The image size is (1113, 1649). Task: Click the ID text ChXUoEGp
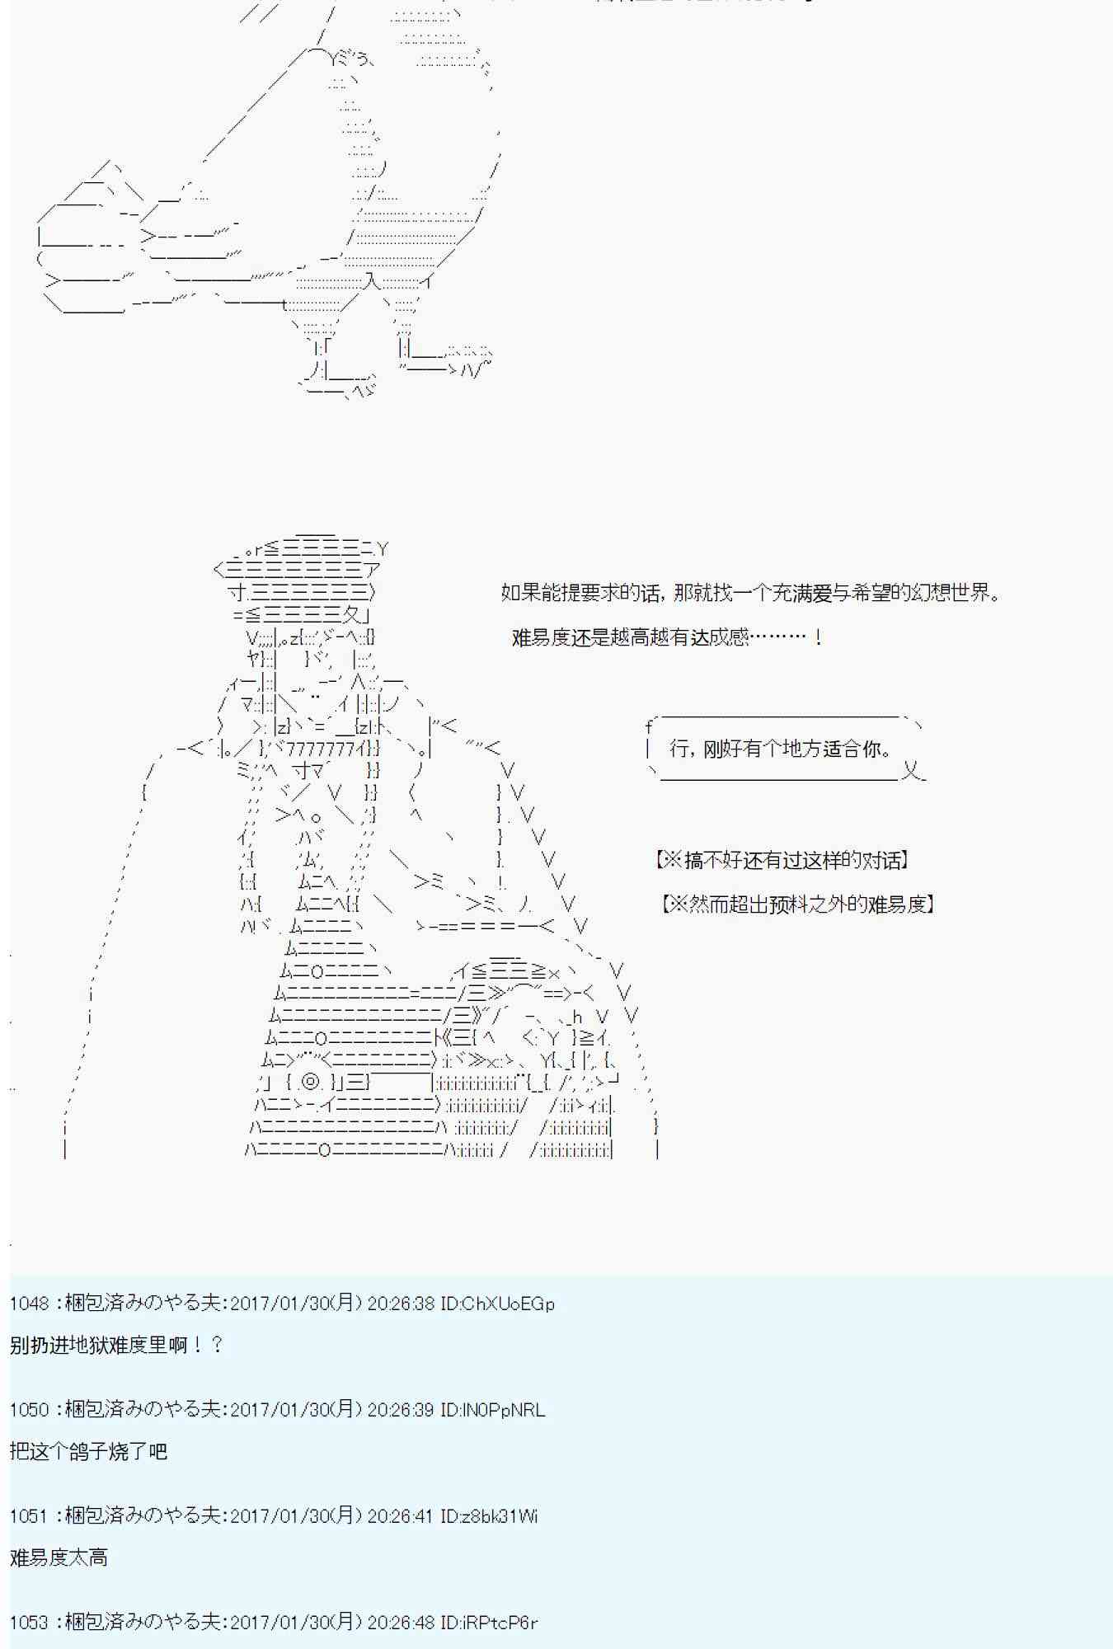click(497, 1304)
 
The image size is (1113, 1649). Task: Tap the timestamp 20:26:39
click(400, 1410)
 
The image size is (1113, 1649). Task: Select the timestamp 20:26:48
click(400, 1623)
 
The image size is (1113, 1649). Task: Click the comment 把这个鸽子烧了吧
click(89, 1451)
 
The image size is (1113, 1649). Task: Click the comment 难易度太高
click(59, 1557)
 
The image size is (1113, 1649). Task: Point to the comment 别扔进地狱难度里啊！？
click(116, 1345)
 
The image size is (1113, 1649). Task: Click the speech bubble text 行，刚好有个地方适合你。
click(781, 749)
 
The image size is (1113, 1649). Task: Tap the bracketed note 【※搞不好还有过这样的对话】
click(782, 860)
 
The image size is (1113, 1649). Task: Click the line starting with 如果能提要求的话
click(750, 592)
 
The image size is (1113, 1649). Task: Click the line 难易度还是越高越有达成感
click(666, 637)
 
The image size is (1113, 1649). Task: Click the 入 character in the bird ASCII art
click(372, 281)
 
